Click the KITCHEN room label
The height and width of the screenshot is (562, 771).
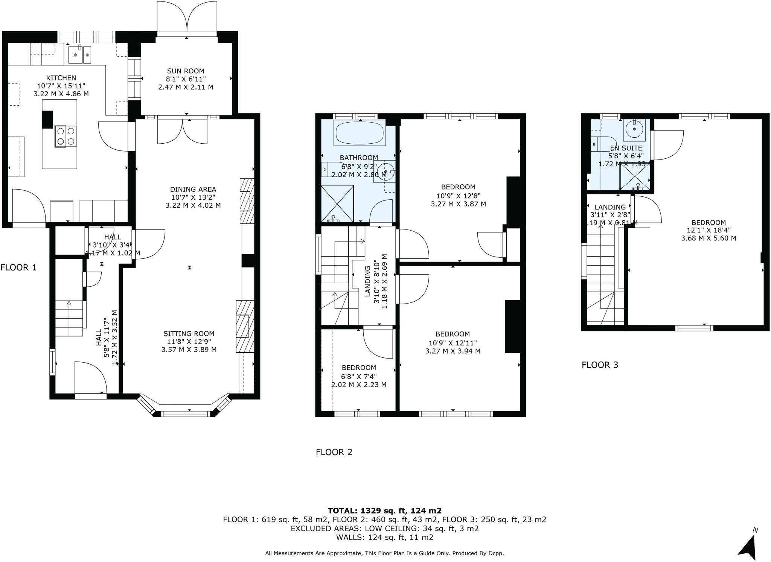(x=61, y=78)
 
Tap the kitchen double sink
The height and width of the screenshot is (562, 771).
(x=80, y=55)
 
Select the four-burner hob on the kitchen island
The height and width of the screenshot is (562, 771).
(x=66, y=136)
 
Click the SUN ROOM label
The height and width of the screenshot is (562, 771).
(x=186, y=71)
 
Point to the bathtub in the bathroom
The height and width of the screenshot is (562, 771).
(x=359, y=133)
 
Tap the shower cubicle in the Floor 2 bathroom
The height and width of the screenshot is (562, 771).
(x=337, y=204)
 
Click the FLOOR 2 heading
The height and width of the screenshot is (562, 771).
(x=334, y=452)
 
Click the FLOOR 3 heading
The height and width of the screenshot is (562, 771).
(x=600, y=365)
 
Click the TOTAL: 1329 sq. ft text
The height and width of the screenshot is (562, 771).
(x=384, y=510)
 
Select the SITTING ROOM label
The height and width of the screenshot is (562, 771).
(x=189, y=334)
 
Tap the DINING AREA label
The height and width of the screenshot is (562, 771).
(x=193, y=189)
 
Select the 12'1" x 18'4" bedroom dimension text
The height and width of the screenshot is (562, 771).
(x=709, y=230)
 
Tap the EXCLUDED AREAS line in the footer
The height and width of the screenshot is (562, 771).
(x=384, y=529)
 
